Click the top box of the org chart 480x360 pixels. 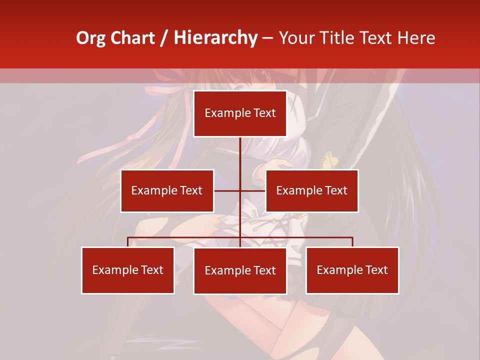coord(240,113)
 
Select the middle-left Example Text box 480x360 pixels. coord(167,190)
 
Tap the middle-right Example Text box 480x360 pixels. coord(311,190)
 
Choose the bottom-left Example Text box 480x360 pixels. coord(128,270)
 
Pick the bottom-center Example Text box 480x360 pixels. coord(240,270)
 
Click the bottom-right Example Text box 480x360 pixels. coord(352,270)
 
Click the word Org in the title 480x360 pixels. coord(90,38)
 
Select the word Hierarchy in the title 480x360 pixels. coord(215,38)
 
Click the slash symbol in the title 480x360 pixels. coord(163,38)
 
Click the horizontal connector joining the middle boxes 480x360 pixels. coord(228,190)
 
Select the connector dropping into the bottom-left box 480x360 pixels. coord(128,242)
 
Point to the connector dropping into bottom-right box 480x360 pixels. coord(352,242)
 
